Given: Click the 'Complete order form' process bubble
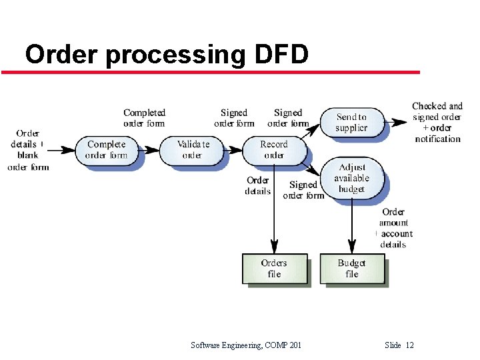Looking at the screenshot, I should click(107, 149).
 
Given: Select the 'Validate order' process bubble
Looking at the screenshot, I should click(193, 149).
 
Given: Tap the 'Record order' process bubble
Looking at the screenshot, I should click(273, 149).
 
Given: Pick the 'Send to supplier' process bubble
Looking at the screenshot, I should click(351, 122).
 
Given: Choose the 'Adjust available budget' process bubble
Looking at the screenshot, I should click(352, 178).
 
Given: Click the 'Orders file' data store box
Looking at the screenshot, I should click(274, 269).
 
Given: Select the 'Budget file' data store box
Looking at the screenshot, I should click(352, 269).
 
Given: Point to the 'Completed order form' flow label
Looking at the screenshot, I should click(144, 118).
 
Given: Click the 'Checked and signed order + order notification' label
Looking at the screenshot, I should click(437, 122).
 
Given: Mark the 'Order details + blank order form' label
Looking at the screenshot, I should click(28, 150).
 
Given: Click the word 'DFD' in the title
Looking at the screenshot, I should click(282, 55).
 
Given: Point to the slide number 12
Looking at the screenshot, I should click(409, 345).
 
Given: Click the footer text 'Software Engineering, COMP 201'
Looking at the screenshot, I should click(245, 345).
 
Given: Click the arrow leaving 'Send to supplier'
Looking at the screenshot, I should click(399, 122).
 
